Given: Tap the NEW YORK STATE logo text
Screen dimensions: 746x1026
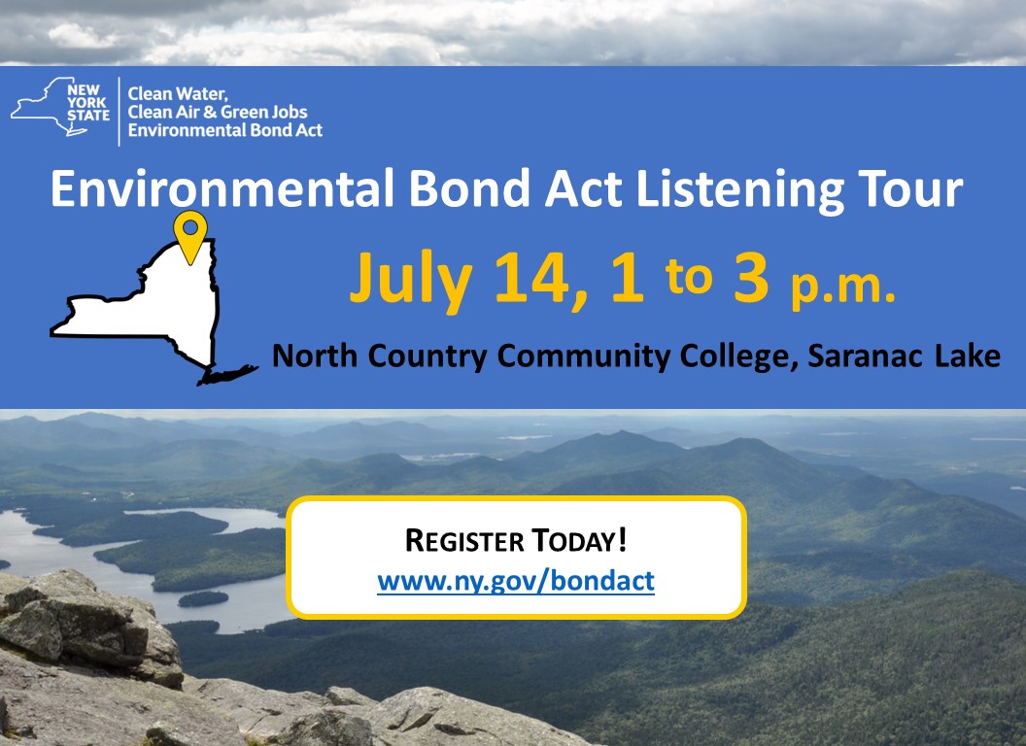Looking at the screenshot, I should pyautogui.click(x=88, y=103).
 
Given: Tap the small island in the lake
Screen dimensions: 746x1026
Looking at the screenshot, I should pyautogui.click(x=203, y=598).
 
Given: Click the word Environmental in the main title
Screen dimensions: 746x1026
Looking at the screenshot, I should pyautogui.click(x=222, y=188).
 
